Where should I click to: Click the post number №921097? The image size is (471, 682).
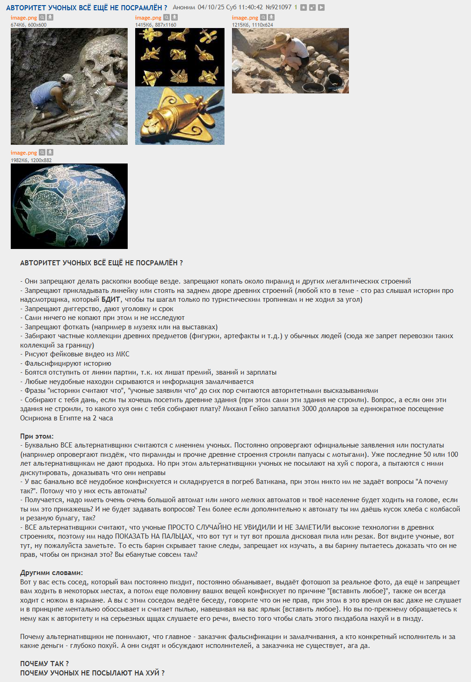click(x=278, y=7)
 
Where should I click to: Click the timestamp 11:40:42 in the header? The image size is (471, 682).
click(x=251, y=7)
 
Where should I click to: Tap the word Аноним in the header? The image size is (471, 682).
click(x=184, y=7)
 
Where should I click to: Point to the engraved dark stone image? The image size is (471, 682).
click(x=69, y=206)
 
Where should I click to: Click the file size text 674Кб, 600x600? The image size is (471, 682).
click(x=29, y=25)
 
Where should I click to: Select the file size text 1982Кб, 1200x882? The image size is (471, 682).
click(x=31, y=160)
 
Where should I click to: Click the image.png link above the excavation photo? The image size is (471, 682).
click(x=245, y=18)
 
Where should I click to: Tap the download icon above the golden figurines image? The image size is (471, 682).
click(x=174, y=18)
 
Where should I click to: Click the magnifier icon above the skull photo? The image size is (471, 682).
click(x=42, y=18)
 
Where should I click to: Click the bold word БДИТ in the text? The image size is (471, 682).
click(x=111, y=299)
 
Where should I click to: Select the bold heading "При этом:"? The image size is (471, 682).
click(x=37, y=436)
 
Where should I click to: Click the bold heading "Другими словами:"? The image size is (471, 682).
click(x=51, y=573)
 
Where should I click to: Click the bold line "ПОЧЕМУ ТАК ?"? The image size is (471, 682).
click(x=44, y=664)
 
